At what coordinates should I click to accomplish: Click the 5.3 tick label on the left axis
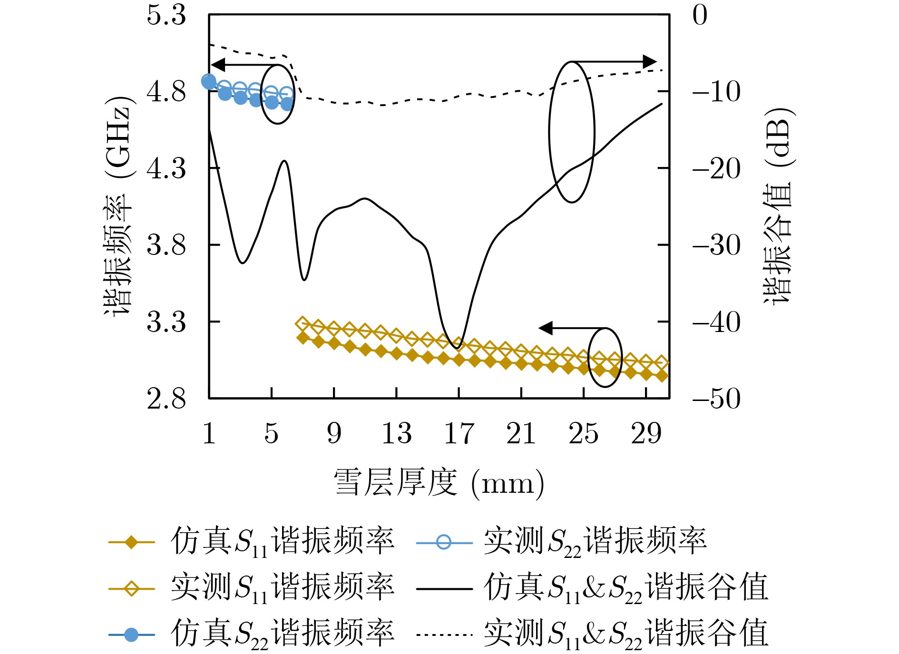(x=166, y=15)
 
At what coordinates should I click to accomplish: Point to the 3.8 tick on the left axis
(x=166, y=245)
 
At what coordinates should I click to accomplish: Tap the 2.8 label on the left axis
(x=166, y=399)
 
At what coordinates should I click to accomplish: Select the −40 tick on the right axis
(x=716, y=322)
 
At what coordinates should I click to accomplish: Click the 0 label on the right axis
(x=700, y=15)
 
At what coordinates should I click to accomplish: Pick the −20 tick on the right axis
(x=716, y=169)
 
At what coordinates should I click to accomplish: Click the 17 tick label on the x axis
(x=459, y=433)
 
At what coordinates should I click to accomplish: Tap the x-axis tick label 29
(x=646, y=433)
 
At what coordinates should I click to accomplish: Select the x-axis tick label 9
(x=334, y=433)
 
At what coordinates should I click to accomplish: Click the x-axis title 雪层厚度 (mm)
(x=439, y=483)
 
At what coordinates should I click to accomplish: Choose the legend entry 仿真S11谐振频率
(x=282, y=542)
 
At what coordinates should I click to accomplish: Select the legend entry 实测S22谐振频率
(x=595, y=542)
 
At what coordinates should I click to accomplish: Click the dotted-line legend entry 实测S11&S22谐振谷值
(x=625, y=634)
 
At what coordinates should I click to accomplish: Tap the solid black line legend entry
(x=625, y=588)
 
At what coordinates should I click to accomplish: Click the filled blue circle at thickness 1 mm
(x=209, y=81)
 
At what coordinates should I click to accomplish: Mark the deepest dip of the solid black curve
(x=457, y=348)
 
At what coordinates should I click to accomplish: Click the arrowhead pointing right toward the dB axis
(x=649, y=62)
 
